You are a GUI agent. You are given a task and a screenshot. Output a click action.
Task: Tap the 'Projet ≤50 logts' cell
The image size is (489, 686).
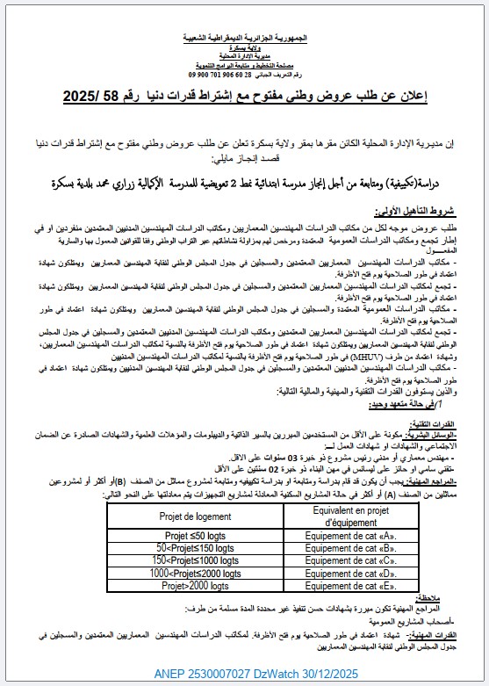click(197, 535)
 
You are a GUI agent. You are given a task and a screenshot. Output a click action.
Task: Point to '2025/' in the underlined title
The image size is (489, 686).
click(84, 97)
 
